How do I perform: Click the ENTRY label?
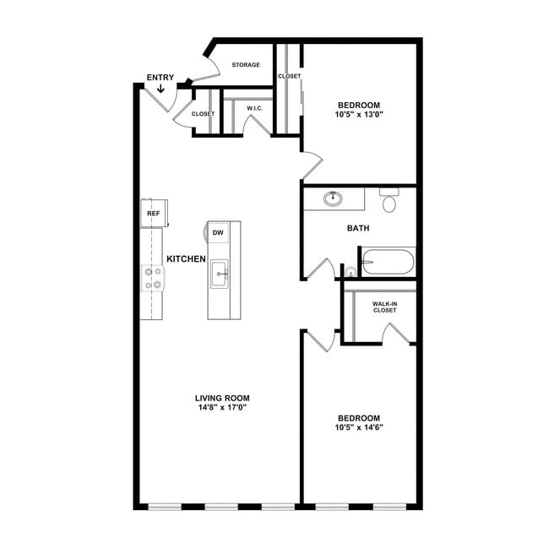[x=160, y=78]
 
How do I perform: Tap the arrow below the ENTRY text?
[x=160, y=88]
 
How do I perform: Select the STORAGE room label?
[x=246, y=65]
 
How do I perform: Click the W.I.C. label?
[x=254, y=108]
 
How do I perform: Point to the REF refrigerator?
[x=154, y=213]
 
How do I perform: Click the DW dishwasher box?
[x=218, y=232]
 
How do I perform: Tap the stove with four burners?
[x=153, y=279]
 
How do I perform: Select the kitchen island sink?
[x=220, y=274]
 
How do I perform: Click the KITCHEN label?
[x=186, y=259]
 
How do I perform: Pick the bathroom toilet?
[x=389, y=200]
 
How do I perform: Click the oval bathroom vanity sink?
[x=333, y=198]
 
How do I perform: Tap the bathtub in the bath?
[x=388, y=262]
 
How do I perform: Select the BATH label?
[x=358, y=228]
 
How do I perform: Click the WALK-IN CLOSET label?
[x=384, y=307]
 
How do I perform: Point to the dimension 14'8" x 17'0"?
[x=222, y=407]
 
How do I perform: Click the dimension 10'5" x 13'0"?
[x=359, y=114]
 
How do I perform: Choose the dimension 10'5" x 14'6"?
[x=359, y=427]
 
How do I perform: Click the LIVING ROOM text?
[x=222, y=398]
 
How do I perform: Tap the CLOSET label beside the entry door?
[x=203, y=114]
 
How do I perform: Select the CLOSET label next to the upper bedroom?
[x=289, y=76]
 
